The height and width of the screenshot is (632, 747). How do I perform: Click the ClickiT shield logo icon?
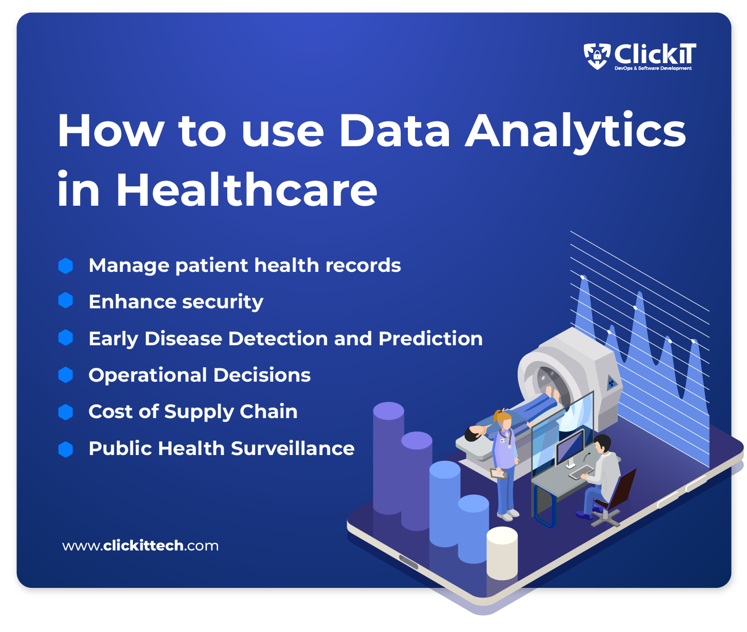[x=597, y=55]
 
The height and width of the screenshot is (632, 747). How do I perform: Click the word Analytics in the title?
[x=576, y=131]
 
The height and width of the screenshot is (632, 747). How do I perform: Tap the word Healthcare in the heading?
[x=247, y=190]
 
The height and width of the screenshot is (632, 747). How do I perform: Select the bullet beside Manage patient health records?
[x=66, y=266]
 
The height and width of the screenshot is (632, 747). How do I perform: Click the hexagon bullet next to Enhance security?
[x=66, y=301]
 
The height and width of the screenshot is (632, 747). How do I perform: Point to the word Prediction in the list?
[x=430, y=339]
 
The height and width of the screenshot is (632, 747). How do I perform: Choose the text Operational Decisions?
[x=200, y=375]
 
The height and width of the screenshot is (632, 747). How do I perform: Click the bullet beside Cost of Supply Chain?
[x=66, y=412]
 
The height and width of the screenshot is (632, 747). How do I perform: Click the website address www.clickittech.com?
[x=140, y=546]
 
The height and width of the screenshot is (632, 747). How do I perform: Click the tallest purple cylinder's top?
[x=388, y=411]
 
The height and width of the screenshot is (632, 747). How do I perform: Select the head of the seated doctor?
[x=602, y=444]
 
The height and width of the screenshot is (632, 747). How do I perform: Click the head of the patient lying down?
[x=472, y=434]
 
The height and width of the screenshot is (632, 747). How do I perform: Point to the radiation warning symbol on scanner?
[x=612, y=382]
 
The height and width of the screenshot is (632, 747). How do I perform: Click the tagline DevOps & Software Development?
[x=653, y=68]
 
